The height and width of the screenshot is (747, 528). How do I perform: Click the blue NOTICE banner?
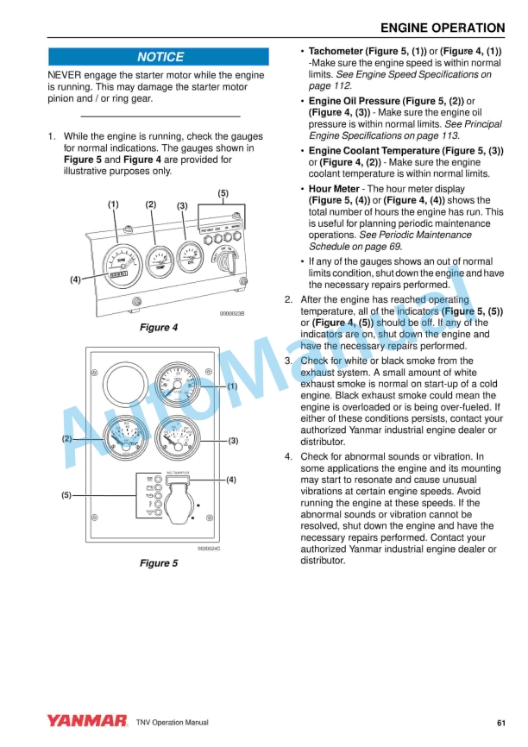point(160,57)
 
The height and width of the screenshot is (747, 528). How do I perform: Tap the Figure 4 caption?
point(159,328)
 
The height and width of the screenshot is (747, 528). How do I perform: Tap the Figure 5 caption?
point(159,563)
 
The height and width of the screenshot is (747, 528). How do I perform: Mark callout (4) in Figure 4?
point(76,279)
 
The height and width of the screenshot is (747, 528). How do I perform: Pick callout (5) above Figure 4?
point(223,193)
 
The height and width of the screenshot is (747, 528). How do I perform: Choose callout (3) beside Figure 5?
point(233,441)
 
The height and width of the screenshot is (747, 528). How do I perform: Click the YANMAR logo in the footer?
point(86,721)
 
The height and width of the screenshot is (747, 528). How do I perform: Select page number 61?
point(501,722)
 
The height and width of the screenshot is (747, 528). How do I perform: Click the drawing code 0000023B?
point(231,314)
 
